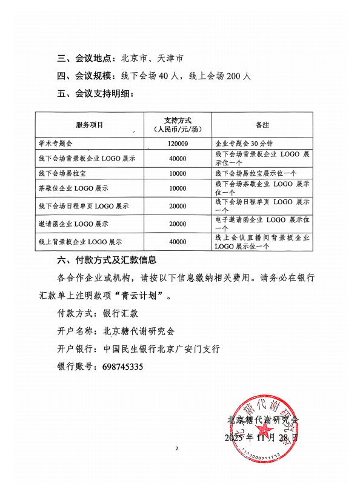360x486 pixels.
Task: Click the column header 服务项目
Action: coord(90,125)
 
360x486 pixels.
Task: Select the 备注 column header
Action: coord(262,125)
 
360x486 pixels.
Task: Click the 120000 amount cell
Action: coord(178,144)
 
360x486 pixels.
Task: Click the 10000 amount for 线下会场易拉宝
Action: coord(178,173)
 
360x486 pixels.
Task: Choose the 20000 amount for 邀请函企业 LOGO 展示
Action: coord(178,224)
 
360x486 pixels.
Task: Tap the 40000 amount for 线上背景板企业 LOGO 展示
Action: coord(178,242)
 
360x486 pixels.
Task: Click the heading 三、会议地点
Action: coord(85,59)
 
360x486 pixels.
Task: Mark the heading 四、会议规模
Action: coord(85,76)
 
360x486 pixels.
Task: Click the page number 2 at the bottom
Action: coord(177,449)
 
